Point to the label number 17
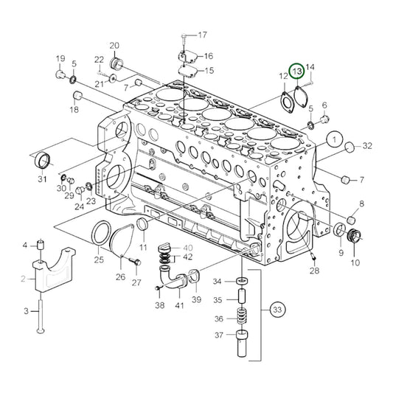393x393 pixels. click(202, 35)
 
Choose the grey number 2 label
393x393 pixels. click(23, 278)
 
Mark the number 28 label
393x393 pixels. click(315, 272)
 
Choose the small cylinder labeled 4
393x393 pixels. click(43, 245)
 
